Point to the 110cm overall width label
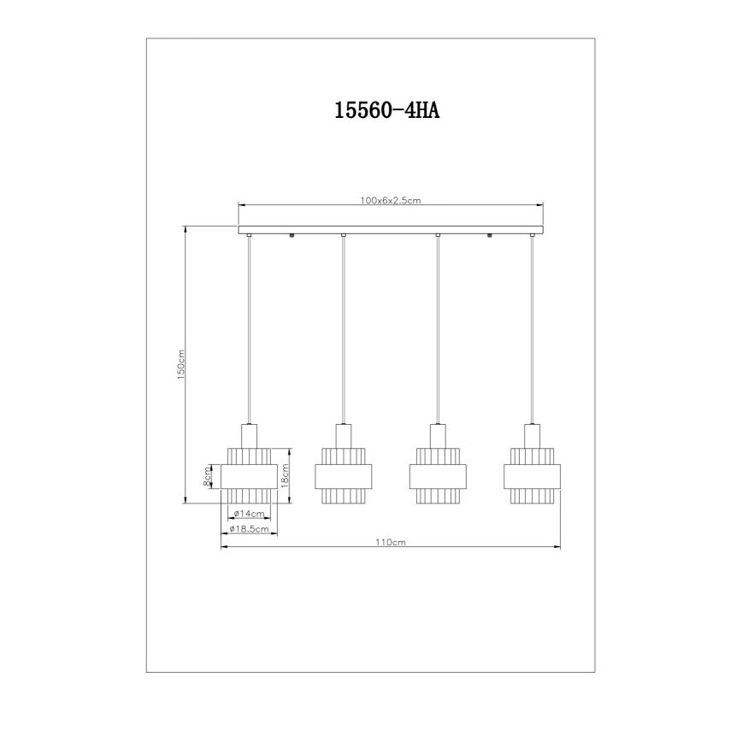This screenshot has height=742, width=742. point(390,542)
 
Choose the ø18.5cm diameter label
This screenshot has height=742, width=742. point(250,530)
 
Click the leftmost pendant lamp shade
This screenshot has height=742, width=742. point(249,475)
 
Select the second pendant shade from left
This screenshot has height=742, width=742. point(343,475)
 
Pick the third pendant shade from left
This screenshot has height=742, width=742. point(438,475)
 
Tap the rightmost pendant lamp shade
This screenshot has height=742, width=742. point(532,475)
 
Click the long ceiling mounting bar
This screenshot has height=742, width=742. point(391,229)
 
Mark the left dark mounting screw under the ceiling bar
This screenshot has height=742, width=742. point(293,236)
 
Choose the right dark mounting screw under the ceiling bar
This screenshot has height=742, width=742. point(489,236)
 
